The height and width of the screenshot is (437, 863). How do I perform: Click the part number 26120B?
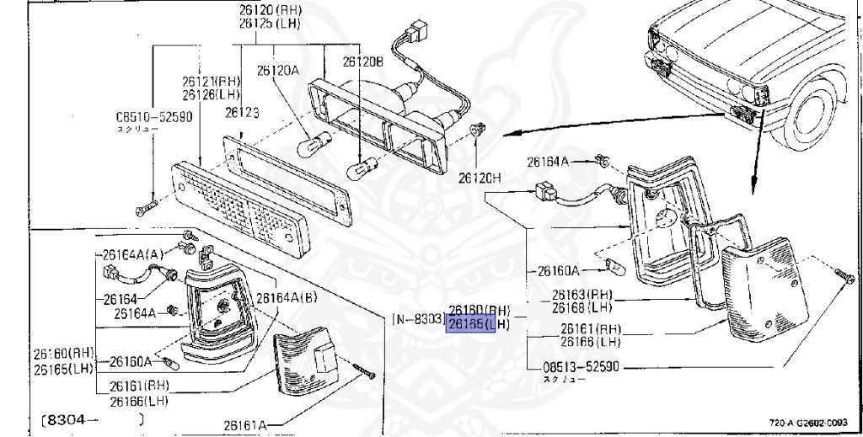(363, 61)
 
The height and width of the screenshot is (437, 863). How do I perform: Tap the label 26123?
(241, 112)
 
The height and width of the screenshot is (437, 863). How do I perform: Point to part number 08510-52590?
(154, 117)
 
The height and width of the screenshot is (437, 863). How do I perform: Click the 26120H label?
(480, 179)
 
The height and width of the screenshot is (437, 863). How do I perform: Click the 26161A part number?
(245, 425)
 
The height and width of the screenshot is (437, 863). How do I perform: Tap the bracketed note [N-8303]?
(418, 319)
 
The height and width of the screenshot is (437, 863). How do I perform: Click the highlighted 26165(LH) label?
(478, 323)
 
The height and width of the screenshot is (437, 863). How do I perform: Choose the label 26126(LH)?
(211, 93)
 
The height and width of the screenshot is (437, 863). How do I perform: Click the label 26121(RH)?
(211, 81)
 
